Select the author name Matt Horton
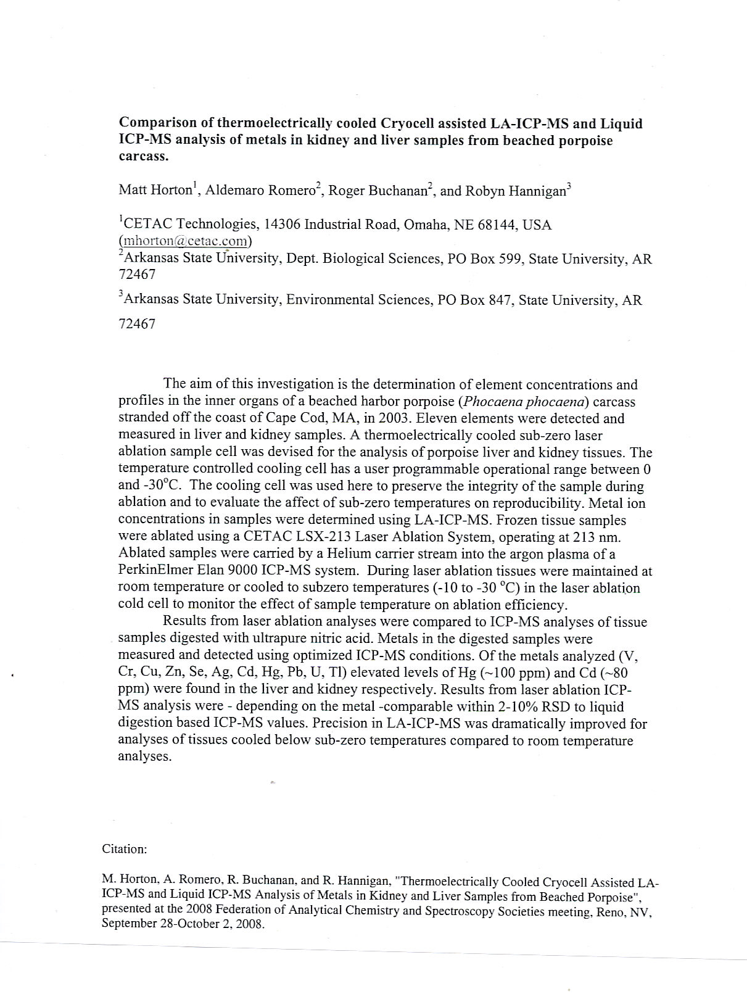tap(155, 190)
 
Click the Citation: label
tap(125, 849)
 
